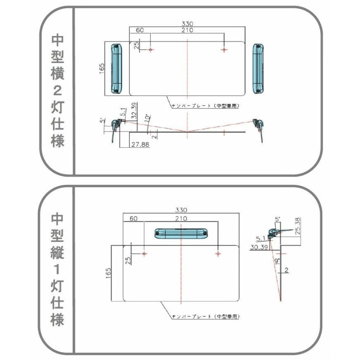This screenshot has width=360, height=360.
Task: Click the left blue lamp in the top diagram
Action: (x=116, y=69)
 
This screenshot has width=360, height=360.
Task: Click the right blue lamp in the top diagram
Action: (x=258, y=69)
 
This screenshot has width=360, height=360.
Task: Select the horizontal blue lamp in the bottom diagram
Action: (x=181, y=233)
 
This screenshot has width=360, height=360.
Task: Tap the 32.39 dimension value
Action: (x=134, y=110)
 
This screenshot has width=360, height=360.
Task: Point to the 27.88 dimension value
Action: (x=140, y=144)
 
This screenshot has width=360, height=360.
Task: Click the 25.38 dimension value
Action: (x=298, y=226)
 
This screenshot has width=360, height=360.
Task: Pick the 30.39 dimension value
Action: (x=259, y=247)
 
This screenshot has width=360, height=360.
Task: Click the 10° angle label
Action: (x=148, y=118)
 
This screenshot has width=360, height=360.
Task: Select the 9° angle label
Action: (x=277, y=261)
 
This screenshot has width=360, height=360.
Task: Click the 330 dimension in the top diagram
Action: (x=187, y=24)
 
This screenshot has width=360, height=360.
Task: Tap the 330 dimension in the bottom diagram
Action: (x=181, y=210)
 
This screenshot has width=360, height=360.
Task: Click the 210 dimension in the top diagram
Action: (x=187, y=30)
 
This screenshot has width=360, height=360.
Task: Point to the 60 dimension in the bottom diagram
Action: (x=133, y=218)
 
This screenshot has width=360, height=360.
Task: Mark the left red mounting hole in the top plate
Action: (x=150, y=50)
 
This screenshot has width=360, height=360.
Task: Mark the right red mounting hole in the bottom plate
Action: (x=218, y=254)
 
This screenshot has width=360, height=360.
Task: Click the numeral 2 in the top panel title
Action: (x=57, y=91)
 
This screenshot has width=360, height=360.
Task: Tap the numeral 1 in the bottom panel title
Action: (x=57, y=269)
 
